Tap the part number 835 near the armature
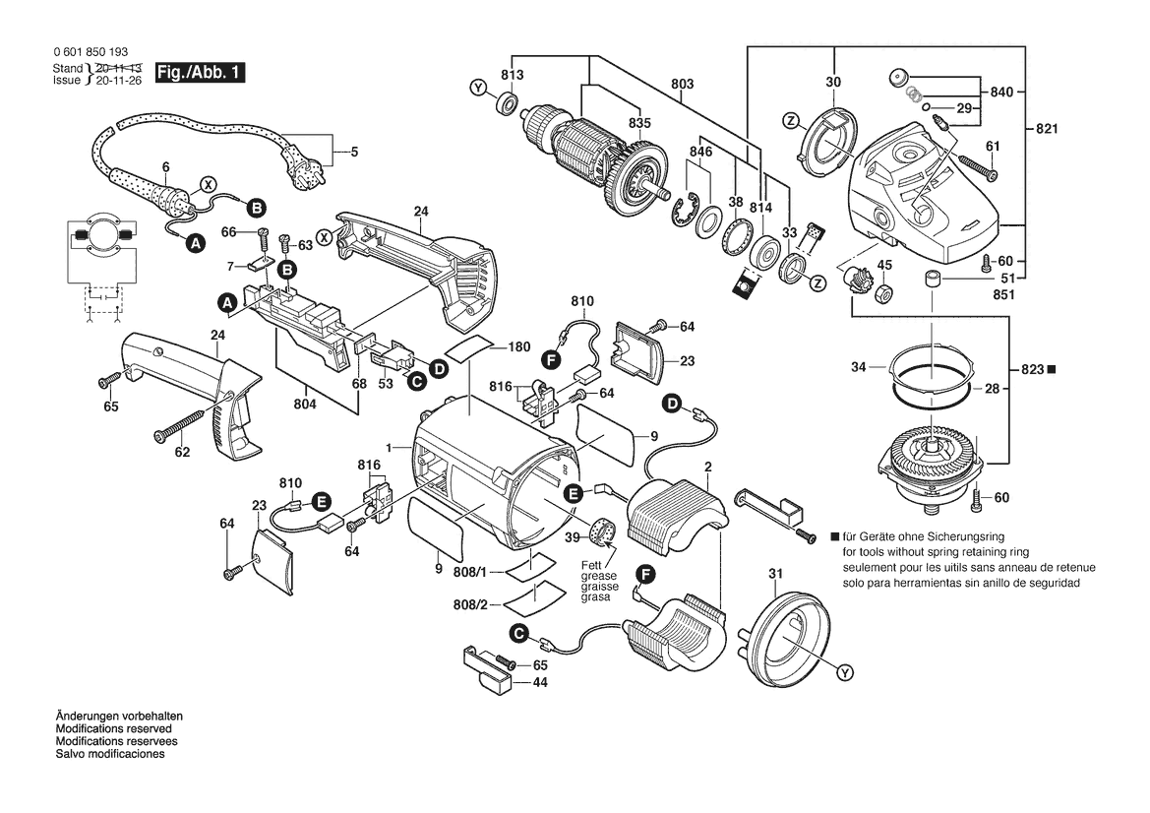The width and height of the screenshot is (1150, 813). pyautogui.click(x=640, y=123)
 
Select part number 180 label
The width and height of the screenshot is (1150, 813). pyautogui.click(x=520, y=347)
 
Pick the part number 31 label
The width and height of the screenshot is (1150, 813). pyautogui.click(x=774, y=574)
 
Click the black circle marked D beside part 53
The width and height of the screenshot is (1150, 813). pyautogui.click(x=439, y=367)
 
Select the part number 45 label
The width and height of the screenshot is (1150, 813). pyautogui.click(x=884, y=264)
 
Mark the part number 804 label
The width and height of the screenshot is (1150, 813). pyautogui.click(x=305, y=403)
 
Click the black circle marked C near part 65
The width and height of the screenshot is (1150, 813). pyautogui.click(x=518, y=633)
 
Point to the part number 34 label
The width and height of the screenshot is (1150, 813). pyautogui.click(x=859, y=367)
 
